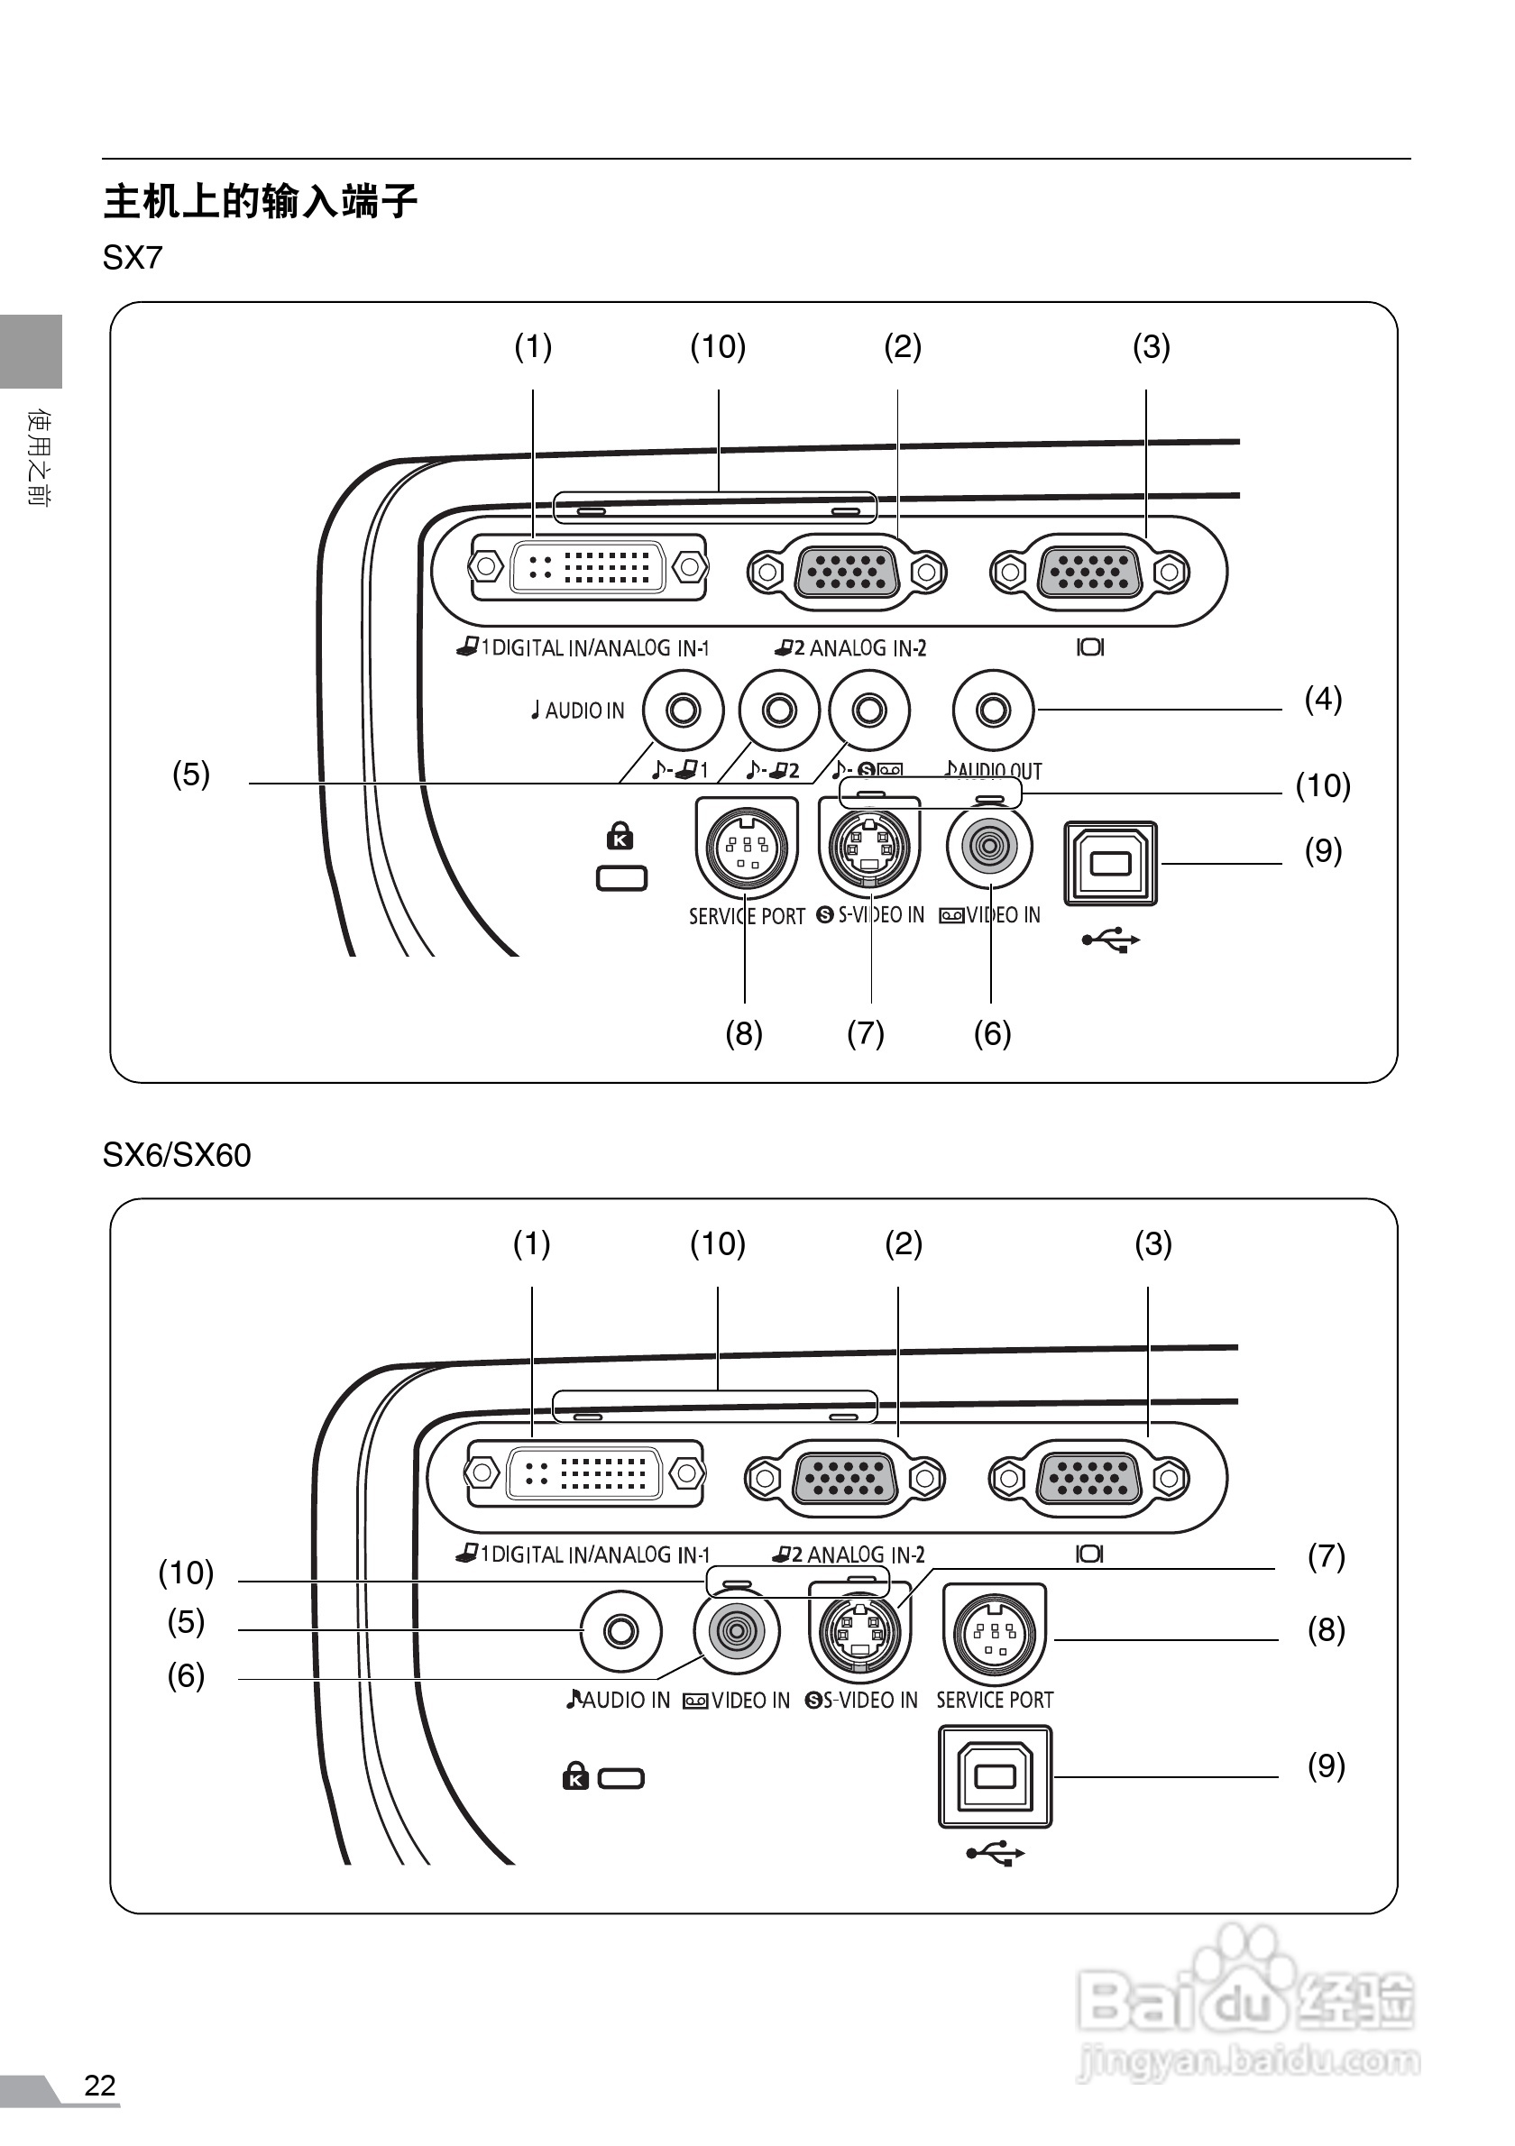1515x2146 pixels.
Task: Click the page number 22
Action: (100, 2086)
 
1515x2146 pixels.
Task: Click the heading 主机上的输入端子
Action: (260, 201)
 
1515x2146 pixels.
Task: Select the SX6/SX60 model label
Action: (177, 1155)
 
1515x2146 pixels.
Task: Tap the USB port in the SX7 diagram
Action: (1110, 863)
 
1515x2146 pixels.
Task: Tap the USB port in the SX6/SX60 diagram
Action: (995, 1776)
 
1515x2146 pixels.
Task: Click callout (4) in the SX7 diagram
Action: (1323, 699)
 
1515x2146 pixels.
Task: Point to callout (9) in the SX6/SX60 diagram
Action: (1326, 1765)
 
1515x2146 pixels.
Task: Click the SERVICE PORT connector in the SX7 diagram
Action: (747, 847)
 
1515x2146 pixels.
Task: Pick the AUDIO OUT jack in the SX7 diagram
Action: (993, 711)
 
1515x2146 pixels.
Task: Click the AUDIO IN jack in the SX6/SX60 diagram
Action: (620, 1632)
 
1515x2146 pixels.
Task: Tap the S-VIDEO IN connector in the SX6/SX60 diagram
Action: (859, 1632)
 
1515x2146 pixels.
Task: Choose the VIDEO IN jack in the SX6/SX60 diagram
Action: (737, 1632)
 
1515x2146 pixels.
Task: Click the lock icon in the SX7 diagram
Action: (620, 836)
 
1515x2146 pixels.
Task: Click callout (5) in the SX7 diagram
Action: (190, 774)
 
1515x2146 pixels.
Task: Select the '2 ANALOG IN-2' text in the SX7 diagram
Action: (850, 647)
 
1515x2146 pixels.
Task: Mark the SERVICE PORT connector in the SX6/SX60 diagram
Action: (995, 1633)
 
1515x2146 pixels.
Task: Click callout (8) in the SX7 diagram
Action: (744, 1033)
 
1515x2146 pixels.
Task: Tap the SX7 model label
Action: (133, 258)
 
